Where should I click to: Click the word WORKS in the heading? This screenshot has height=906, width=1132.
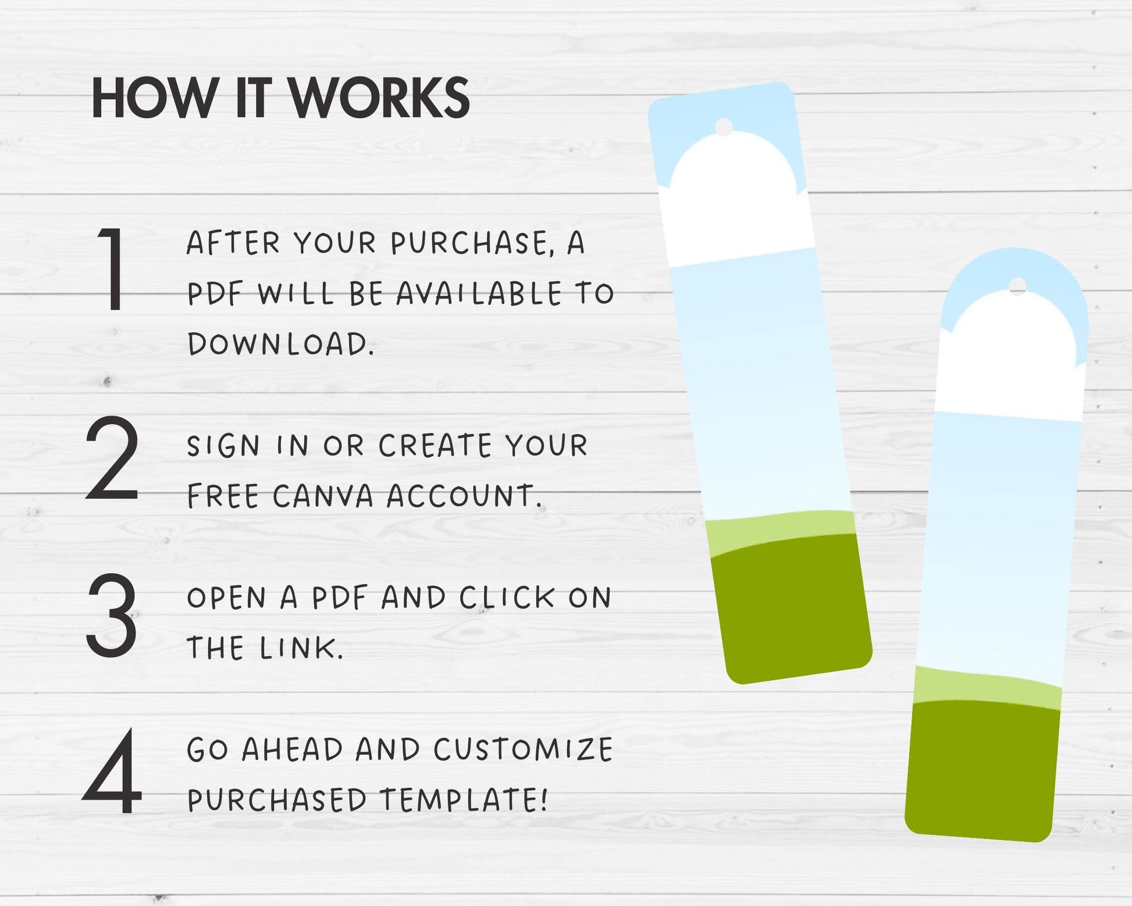tap(380, 98)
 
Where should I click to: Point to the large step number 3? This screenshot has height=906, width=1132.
tap(112, 616)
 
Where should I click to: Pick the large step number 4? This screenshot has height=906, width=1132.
tap(113, 772)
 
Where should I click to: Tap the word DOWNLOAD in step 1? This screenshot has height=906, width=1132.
tap(280, 344)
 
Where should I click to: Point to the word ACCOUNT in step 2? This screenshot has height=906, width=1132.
tap(465, 496)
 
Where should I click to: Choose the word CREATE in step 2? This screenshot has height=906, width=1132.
tap(436, 446)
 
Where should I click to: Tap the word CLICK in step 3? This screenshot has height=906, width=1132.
tap(507, 598)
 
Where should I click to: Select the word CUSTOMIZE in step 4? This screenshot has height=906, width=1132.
tap(524, 749)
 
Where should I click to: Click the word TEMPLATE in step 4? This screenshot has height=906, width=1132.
tap(464, 800)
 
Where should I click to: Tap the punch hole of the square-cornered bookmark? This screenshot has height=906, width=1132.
tap(724, 127)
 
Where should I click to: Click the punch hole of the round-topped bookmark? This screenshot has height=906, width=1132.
tap(1017, 286)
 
